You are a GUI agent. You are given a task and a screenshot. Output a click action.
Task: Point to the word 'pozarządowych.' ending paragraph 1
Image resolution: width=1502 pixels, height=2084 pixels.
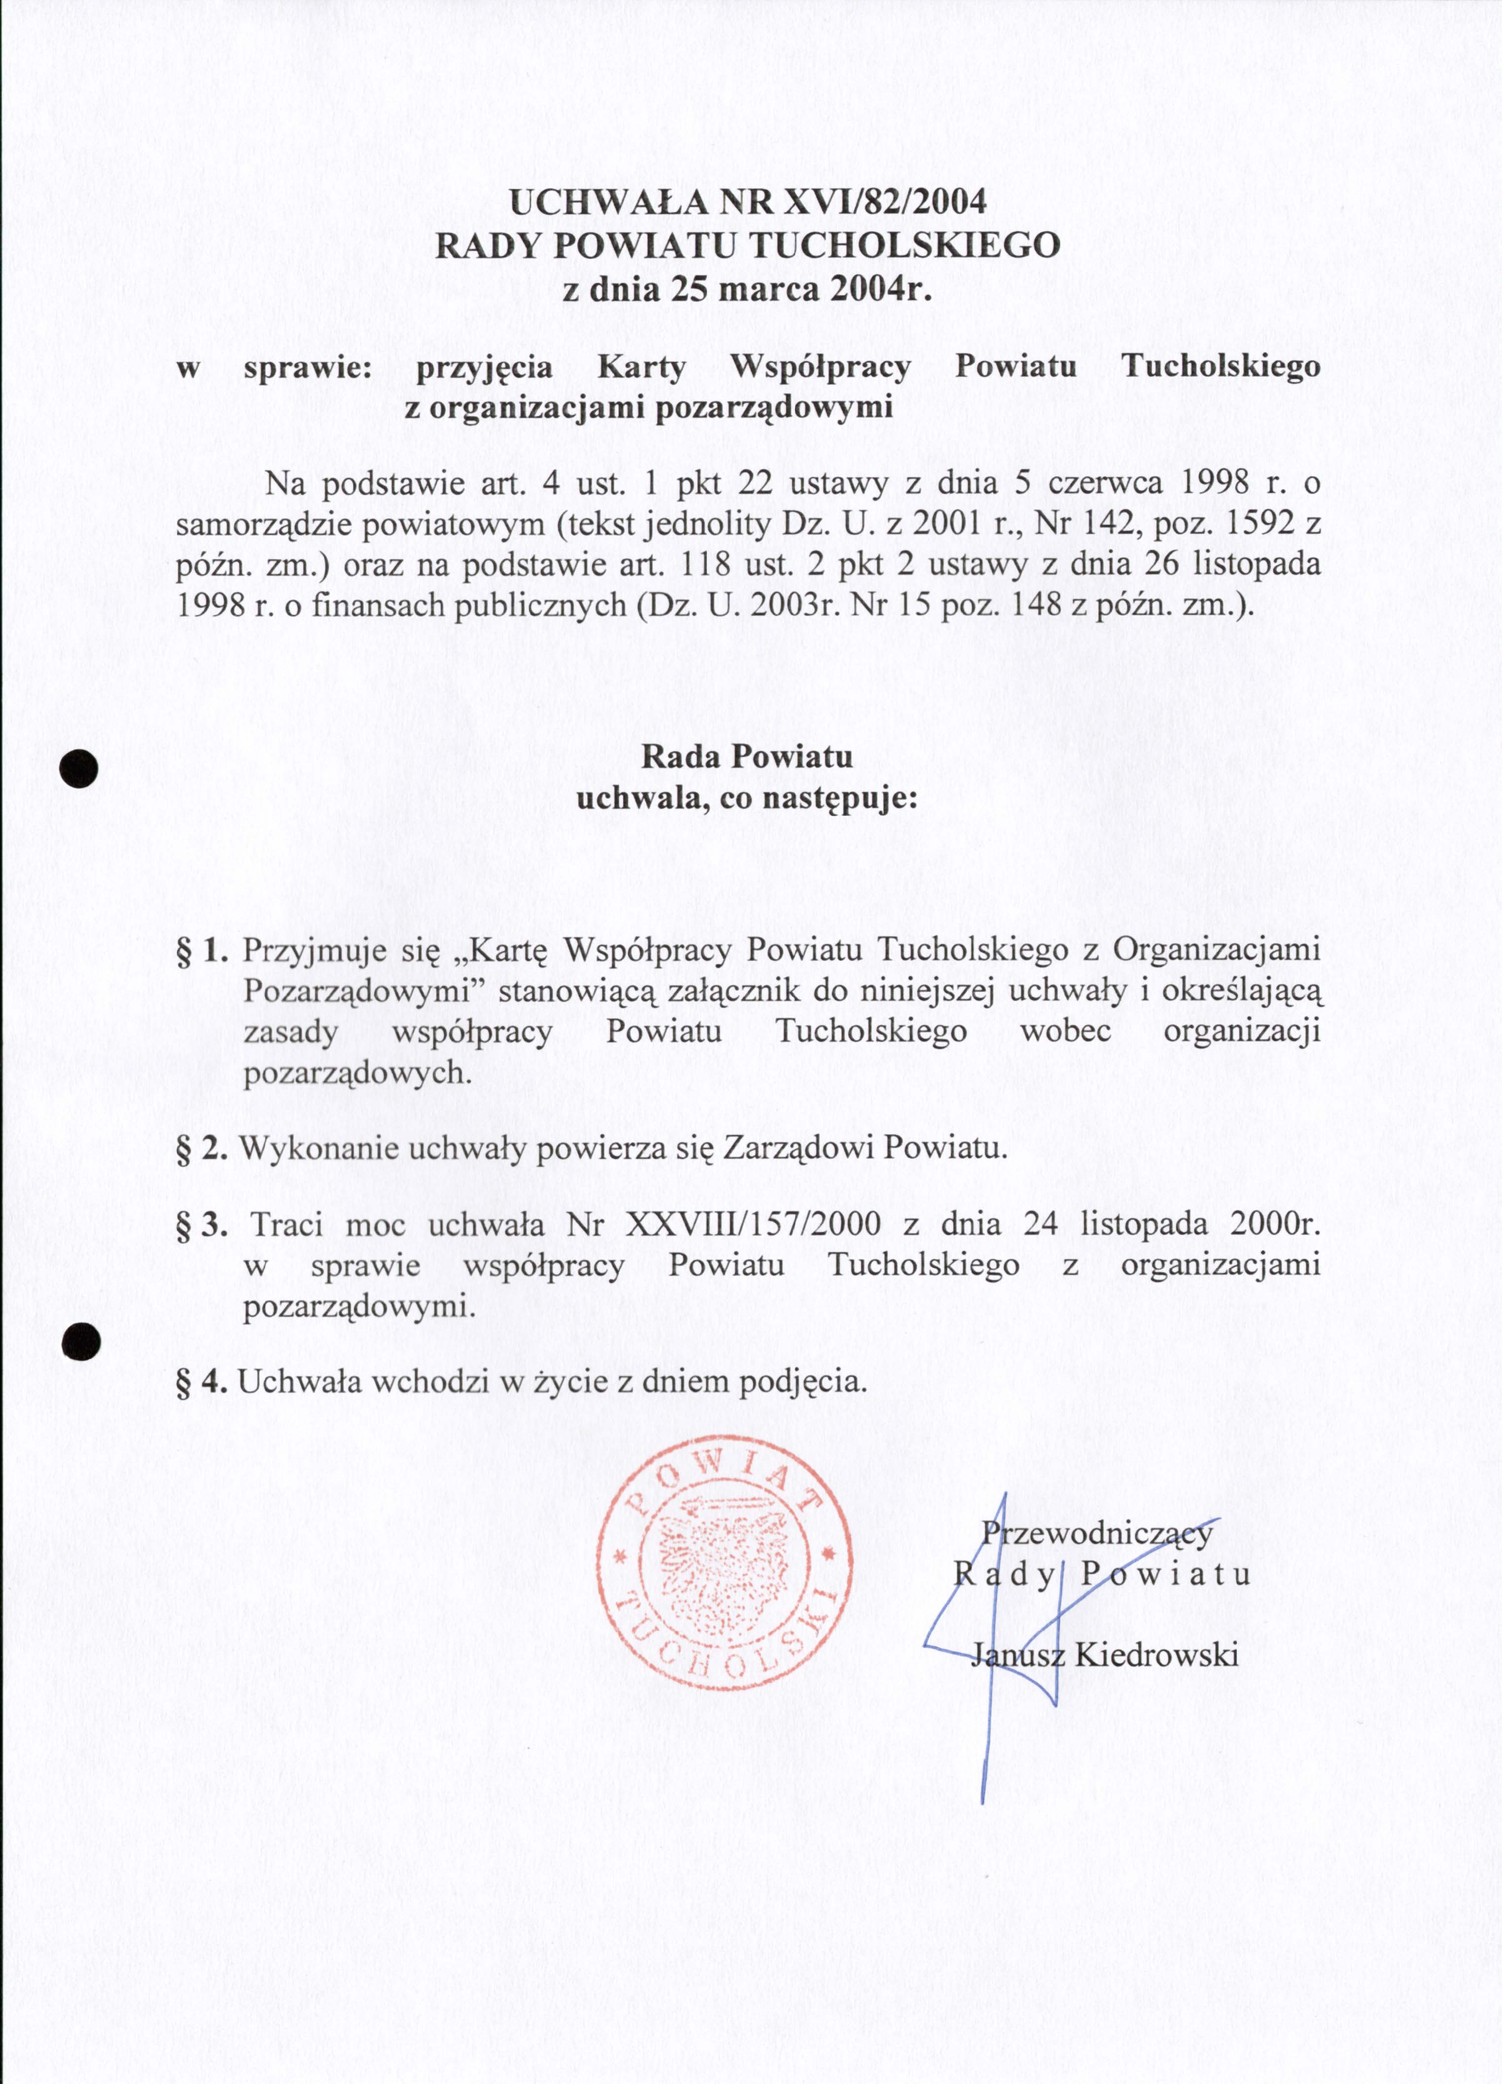357,1073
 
